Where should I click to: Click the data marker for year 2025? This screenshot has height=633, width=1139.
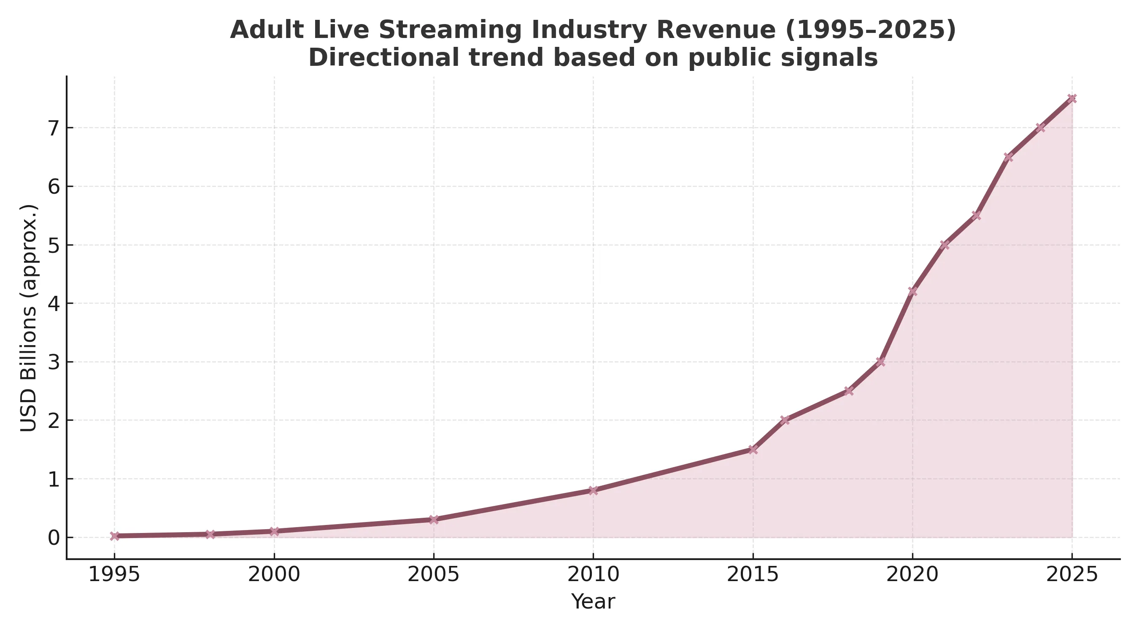pos(1072,99)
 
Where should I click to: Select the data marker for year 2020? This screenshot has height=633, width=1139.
pos(912,291)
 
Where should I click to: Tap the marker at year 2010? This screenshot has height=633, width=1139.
pos(593,490)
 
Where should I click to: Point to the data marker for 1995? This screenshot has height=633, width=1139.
pos(114,536)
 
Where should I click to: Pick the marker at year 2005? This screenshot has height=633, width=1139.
pos(434,519)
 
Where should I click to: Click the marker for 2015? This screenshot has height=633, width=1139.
pos(753,449)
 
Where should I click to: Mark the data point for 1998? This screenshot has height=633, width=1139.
pos(210,534)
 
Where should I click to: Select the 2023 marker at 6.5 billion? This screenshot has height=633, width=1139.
pos(1008,157)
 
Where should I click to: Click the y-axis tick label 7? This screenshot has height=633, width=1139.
pos(54,128)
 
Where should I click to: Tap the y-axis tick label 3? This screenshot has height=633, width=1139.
pos(54,362)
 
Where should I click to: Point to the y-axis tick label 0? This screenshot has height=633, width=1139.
pos(54,538)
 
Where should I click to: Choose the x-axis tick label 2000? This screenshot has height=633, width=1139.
pos(274,575)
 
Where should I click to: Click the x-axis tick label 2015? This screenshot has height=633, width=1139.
pos(753,575)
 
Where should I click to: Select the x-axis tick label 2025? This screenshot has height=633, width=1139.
pos(1072,575)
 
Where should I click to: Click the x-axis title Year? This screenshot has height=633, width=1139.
pos(593,602)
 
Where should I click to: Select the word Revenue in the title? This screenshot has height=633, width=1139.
pos(715,30)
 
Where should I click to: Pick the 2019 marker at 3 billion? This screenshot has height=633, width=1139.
pos(880,362)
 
